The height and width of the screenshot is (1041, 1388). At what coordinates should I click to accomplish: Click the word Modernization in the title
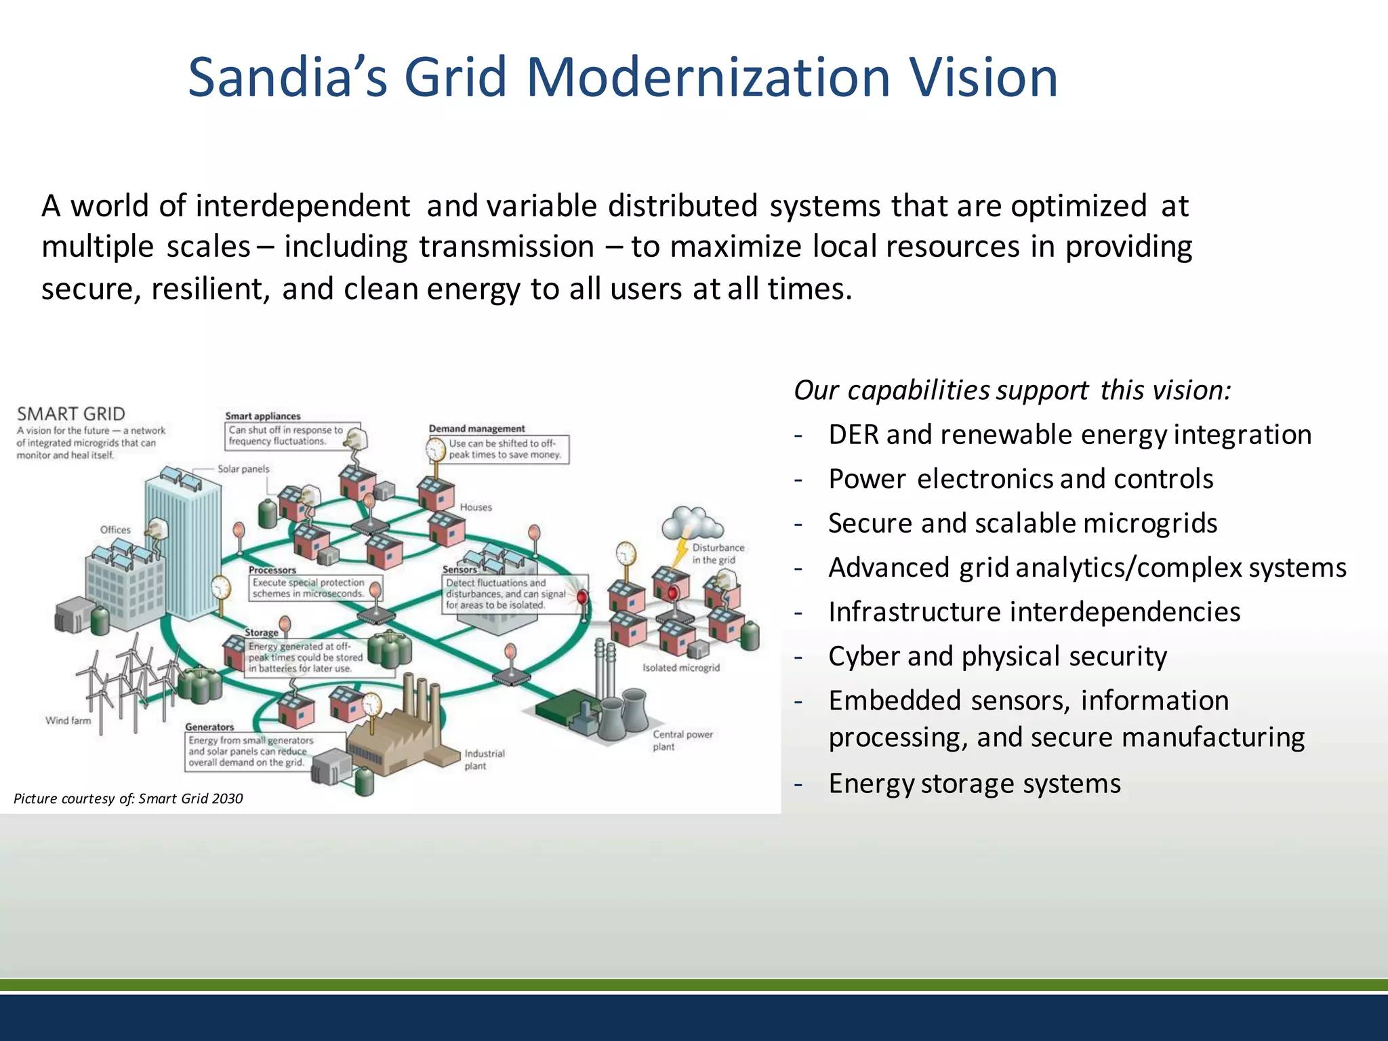[708, 77]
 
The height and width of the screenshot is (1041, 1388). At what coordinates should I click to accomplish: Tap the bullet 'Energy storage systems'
[974, 783]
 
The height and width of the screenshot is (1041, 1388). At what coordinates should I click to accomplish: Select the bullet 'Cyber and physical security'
[997, 656]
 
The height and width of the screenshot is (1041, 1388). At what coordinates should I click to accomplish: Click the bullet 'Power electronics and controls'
[1020, 479]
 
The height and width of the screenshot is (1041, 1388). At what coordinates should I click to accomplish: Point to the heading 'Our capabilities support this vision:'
[1011, 390]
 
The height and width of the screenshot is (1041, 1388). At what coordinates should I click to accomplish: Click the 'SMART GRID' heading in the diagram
[71, 414]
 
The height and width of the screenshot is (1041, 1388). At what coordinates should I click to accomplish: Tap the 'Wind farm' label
[68, 720]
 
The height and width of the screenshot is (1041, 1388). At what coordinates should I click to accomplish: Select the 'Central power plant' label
[682, 740]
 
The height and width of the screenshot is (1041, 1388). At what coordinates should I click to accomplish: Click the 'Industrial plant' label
[484, 759]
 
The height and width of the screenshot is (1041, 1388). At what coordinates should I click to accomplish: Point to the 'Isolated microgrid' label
[680, 668]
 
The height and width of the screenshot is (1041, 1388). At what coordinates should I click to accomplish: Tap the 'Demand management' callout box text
[505, 449]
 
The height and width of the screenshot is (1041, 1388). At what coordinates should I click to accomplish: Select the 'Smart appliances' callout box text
[285, 435]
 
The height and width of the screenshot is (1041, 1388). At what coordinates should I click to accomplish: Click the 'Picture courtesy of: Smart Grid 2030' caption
[128, 798]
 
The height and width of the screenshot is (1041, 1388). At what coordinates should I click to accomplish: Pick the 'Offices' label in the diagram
[115, 529]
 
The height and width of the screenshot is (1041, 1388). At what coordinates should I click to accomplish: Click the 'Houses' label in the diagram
[476, 507]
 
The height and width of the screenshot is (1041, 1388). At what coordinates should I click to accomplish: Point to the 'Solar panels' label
[243, 469]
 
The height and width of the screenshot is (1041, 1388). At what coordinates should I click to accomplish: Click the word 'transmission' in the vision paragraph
[506, 247]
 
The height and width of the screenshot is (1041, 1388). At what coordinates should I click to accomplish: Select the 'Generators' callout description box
[251, 751]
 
